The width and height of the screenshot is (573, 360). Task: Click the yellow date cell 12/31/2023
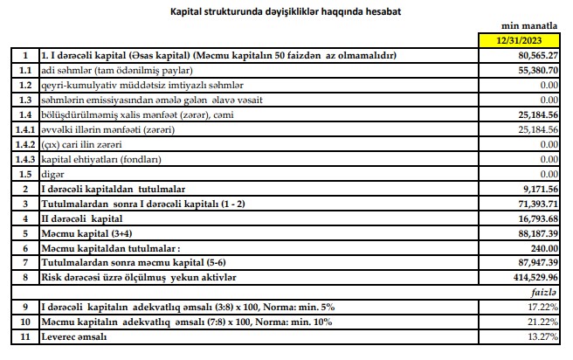pyautogui.click(x=521, y=40)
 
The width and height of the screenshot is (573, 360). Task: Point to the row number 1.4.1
pyautogui.click(x=25, y=128)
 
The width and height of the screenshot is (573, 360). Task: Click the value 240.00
pyautogui.click(x=542, y=247)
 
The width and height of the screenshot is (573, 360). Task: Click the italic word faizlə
pyautogui.click(x=545, y=292)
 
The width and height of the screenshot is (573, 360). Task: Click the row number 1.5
pyautogui.click(x=25, y=173)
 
